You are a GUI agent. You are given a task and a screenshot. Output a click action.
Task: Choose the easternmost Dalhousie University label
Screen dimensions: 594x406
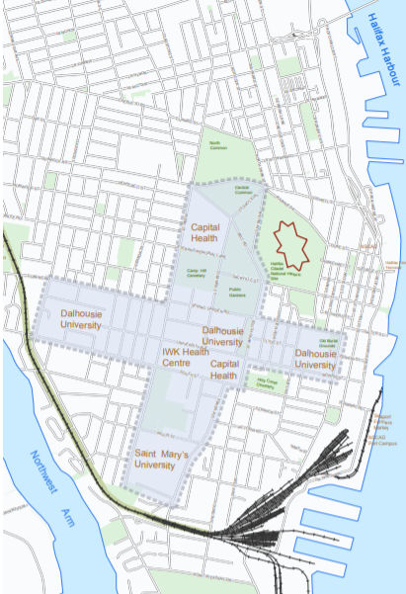[316, 359]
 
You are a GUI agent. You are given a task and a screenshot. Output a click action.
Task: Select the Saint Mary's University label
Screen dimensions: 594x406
[161, 459]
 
